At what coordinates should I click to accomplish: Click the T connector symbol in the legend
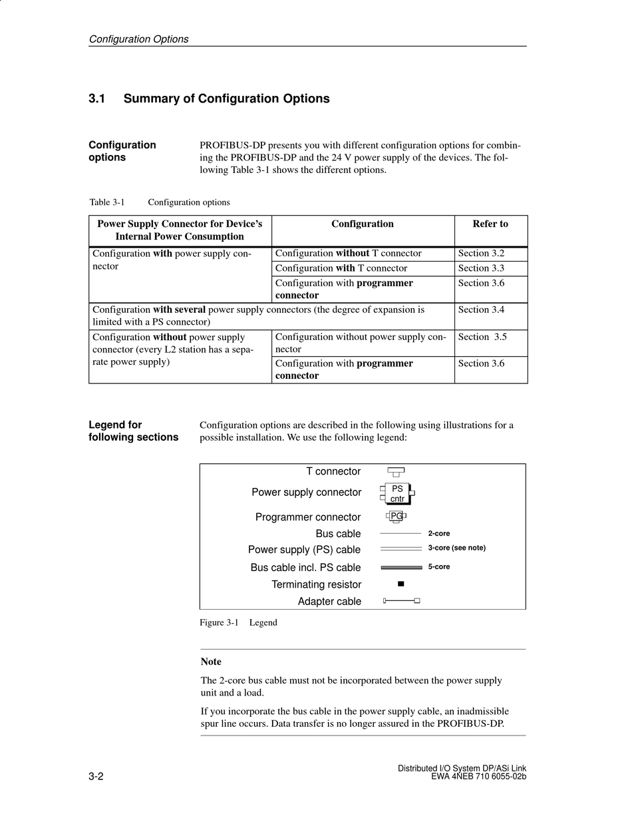396,471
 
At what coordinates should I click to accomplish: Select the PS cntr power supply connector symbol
397,494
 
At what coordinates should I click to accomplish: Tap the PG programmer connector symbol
396,516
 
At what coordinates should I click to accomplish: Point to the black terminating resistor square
400,584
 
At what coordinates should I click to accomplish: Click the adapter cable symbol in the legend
401,600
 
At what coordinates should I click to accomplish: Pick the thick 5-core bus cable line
401,567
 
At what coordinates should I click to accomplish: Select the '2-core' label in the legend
439,533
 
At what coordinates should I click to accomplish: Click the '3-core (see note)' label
456,548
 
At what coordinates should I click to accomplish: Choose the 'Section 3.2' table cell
481,254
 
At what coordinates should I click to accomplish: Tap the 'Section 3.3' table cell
481,268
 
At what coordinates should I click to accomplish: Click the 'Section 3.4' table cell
481,309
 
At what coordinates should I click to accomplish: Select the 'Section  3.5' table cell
482,337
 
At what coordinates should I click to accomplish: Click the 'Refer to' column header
490,224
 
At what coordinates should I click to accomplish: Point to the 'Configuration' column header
363,224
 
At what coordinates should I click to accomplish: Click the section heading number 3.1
97,99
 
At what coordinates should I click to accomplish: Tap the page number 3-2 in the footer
96,777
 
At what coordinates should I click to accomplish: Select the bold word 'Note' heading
211,662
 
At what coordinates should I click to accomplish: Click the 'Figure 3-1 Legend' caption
238,623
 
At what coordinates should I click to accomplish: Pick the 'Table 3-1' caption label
107,202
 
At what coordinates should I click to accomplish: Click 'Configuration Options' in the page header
138,39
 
